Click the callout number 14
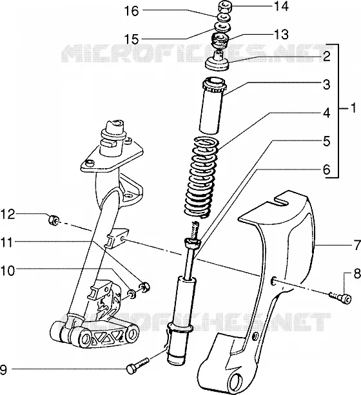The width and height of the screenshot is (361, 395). [281, 6]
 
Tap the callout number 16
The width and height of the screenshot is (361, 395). [132, 11]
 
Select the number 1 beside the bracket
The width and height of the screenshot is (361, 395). [353, 108]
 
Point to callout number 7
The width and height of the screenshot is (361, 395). [358, 245]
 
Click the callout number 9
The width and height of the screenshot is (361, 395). [3, 370]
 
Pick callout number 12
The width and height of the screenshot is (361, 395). [8, 215]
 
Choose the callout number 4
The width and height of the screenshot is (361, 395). [326, 113]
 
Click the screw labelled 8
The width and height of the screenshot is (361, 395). [341, 298]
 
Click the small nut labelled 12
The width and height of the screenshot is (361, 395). [54, 220]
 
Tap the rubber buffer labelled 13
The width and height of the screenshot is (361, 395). [219, 41]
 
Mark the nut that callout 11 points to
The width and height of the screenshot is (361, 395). [144, 286]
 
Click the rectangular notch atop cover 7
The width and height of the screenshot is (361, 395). [281, 200]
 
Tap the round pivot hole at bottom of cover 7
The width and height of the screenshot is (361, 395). [237, 380]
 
